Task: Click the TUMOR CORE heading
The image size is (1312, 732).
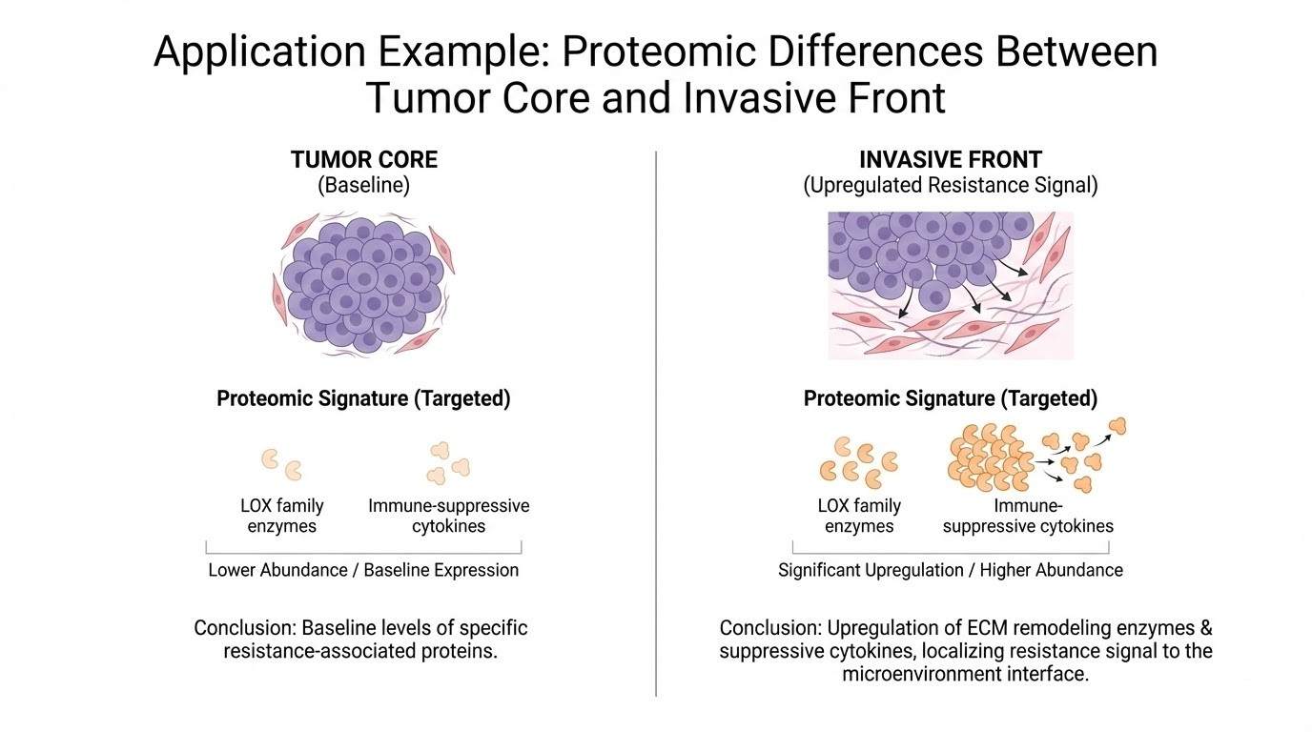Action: (363, 159)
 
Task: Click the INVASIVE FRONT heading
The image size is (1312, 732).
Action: (950, 159)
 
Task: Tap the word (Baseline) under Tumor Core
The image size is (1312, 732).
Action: (363, 185)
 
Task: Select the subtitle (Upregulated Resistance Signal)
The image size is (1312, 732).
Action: (950, 185)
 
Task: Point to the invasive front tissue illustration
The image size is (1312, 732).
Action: (950, 284)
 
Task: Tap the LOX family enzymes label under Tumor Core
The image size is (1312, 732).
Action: (280, 516)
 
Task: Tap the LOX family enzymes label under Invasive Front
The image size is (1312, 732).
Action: (859, 516)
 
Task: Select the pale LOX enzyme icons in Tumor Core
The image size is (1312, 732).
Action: (281, 464)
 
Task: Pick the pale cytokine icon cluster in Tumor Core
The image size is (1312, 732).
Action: (448, 462)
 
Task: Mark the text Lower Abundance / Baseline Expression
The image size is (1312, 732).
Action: (363, 570)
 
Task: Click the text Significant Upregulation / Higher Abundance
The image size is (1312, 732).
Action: (950, 570)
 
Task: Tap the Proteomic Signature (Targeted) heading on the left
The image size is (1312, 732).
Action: (363, 398)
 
